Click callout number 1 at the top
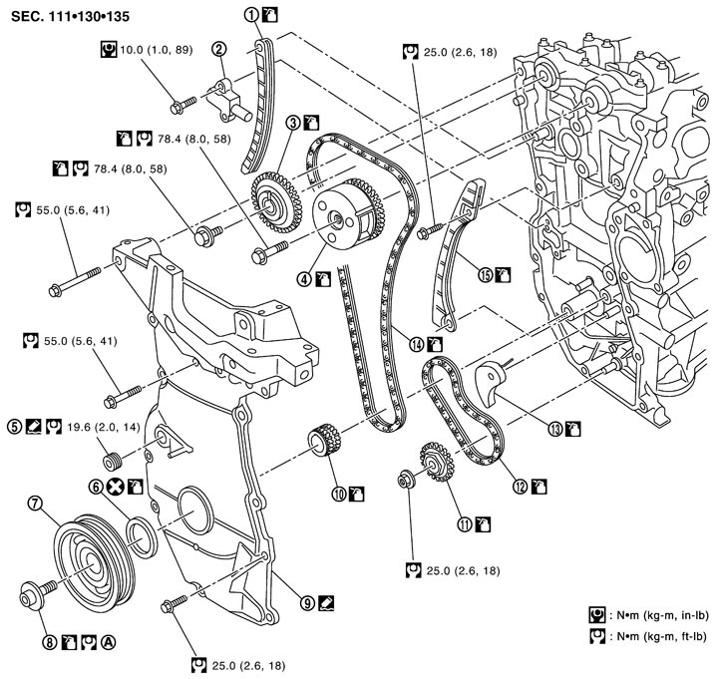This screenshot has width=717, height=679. (x=252, y=15)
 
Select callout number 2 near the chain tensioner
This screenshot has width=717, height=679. (x=216, y=46)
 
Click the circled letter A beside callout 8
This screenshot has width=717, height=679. (x=109, y=643)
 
